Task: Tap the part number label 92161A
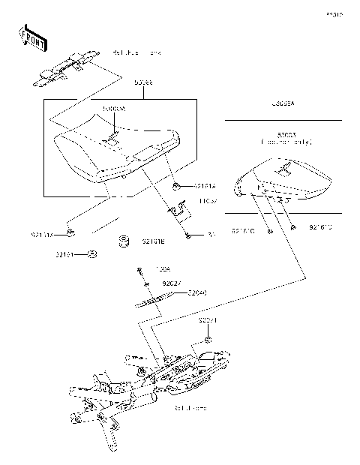tap(183, 186)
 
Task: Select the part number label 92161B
tap(154, 242)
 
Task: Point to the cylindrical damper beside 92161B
tap(125, 241)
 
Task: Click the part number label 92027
tap(172, 284)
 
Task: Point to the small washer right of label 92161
tap(91, 255)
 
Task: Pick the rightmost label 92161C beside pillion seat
tap(321, 226)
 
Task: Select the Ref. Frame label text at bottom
tap(189, 408)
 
